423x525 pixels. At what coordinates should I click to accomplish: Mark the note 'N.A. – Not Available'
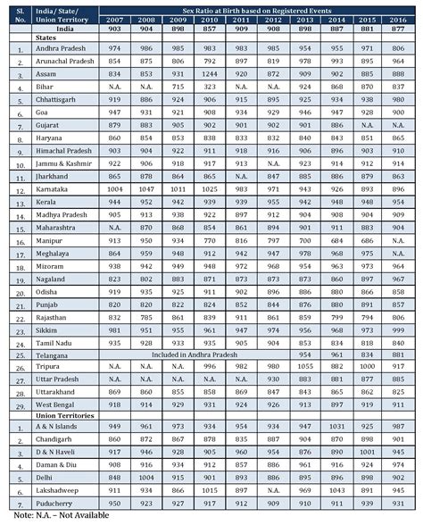(x=49, y=517)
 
